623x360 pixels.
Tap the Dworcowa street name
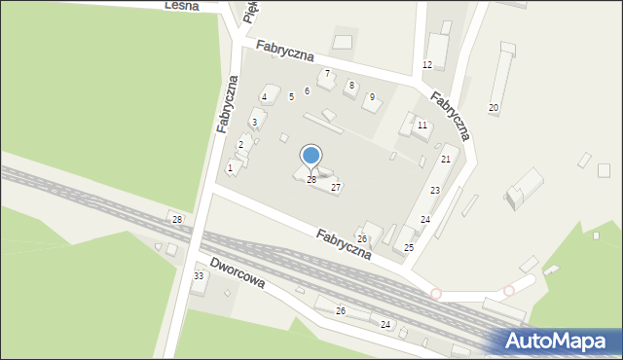point(238,274)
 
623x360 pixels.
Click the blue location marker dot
point(311,155)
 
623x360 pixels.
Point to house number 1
point(230,167)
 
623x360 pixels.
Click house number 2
point(240,145)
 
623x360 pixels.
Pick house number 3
point(254,122)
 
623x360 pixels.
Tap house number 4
point(264,97)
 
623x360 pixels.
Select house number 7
point(327,74)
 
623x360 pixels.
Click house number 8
point(351,86)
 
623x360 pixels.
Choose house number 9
point(371,97)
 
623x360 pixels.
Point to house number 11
point(421,126)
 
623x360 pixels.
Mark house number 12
point(426,64)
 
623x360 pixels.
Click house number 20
point(494,107)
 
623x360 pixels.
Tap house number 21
point(445,159)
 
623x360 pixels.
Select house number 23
point(435,190)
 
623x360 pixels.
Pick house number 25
point(409,248)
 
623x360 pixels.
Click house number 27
point(336,187)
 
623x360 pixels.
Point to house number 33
point(199,276)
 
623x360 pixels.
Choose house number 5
point(291,97)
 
